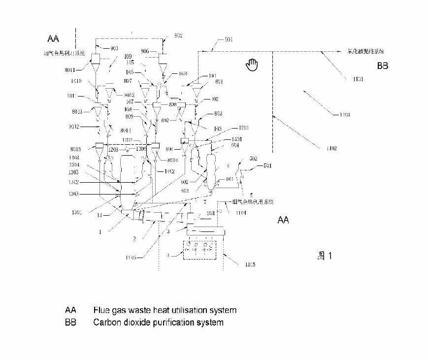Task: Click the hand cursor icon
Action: tap(252, 64)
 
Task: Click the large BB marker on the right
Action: tap(382, 65)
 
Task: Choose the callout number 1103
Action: tap(344, 114)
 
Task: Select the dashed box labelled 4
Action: tap(198, 250)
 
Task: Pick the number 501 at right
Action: tap(268, 166)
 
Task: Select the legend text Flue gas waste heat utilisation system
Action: tap(165, 310)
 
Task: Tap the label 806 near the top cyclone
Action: tap(145, 51)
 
